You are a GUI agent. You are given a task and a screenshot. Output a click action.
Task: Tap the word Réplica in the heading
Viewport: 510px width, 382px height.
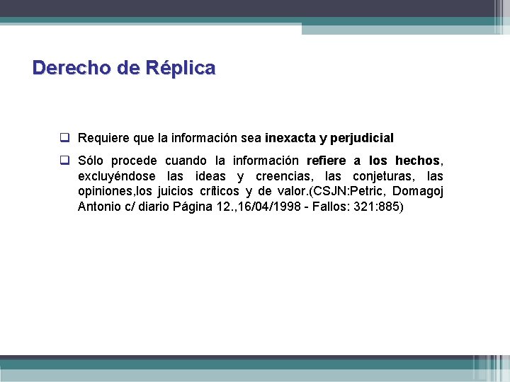[x=180, y=68]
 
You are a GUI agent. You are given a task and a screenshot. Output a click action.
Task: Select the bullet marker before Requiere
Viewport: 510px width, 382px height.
[x=64, y=137]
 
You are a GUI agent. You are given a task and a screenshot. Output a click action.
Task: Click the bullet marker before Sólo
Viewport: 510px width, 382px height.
[x=64, y=160]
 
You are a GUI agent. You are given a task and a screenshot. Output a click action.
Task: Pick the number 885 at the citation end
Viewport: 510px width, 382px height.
[x=390, y=207]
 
